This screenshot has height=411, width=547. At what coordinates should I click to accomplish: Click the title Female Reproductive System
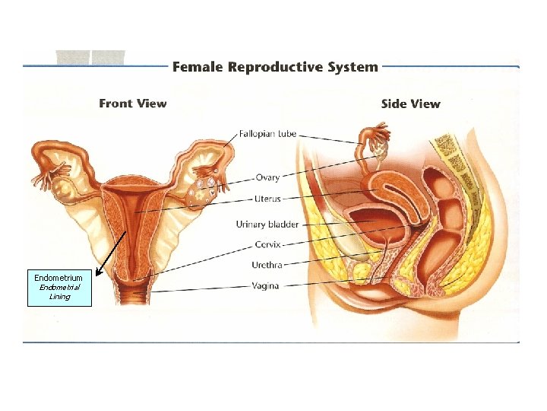point(275,66)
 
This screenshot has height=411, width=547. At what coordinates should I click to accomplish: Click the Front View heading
point(133,104)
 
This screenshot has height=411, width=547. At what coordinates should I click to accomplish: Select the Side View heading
point(410,104)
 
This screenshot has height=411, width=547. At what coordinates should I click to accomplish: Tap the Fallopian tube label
point(267,134)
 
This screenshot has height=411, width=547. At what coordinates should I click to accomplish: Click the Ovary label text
point(267,177)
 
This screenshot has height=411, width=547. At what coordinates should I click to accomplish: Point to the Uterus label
point(268,199)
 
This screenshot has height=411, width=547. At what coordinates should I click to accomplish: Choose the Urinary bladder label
point(267,225)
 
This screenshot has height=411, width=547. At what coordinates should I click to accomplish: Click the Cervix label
point(268,244)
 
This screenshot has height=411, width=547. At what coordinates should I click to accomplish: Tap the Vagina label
point(265,285)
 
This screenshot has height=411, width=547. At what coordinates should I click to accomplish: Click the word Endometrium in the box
point(58,279)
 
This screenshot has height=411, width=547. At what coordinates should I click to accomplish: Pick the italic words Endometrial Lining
point(59,292)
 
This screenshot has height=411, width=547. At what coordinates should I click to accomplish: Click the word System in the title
point(350,66)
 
